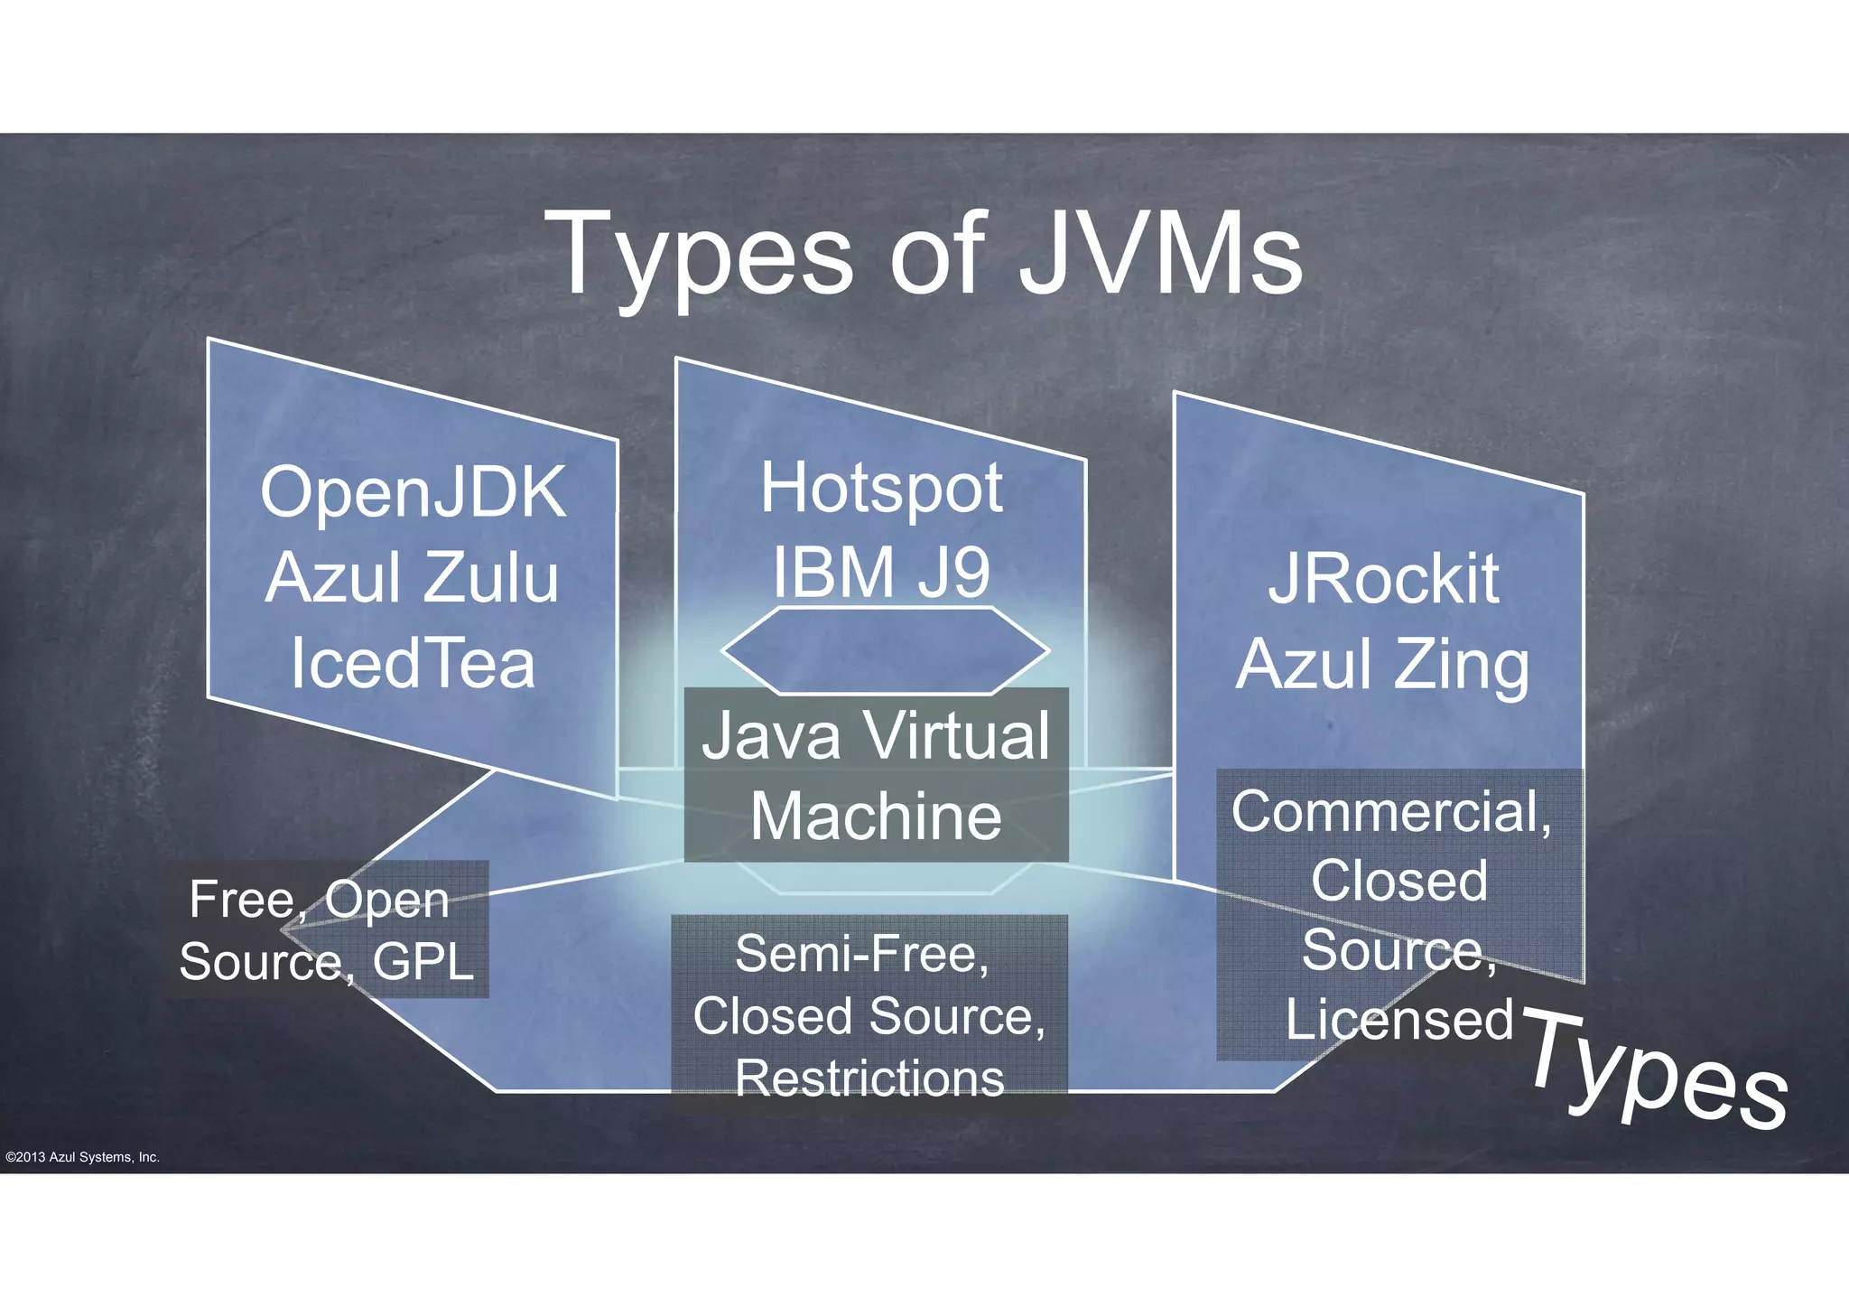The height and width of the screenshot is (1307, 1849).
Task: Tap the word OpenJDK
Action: point(413,493)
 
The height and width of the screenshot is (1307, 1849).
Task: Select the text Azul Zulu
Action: point(413,578)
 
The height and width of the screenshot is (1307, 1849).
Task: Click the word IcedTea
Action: point(413,663)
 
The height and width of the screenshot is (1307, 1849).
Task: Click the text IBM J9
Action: point(880,571)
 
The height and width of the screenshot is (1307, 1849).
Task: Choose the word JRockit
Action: point(1383,579)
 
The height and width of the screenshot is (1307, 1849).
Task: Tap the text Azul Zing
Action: point(1383,665)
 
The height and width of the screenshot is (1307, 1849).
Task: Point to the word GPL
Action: point(423,961)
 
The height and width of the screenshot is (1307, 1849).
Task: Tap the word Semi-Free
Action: point(862,954)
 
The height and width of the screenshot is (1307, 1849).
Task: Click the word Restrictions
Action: point(869,1078)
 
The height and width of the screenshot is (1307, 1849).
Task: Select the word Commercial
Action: point(1390,811)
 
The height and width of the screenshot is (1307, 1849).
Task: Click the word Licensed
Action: point(1398,1020)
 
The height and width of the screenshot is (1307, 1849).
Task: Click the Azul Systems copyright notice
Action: point(82,1157)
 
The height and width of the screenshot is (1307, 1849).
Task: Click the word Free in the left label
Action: point(242,900)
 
